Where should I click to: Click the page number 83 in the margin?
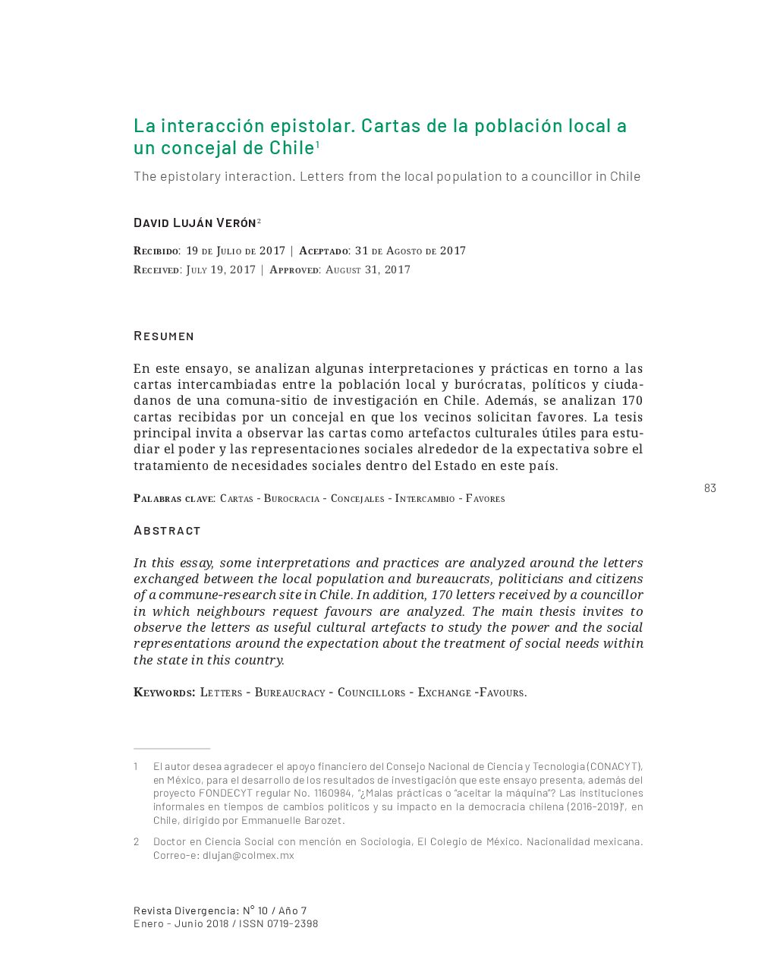point(709,488)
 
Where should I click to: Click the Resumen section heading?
point(164,336)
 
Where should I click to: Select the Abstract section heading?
point(167,530)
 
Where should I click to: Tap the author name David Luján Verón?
point(195,222)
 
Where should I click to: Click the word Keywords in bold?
point(164,693)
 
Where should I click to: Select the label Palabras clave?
point(174,499)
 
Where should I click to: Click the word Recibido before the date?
point(156,251)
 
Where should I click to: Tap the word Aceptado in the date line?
point(323,251)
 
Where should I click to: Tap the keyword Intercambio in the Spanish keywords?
point(425,499)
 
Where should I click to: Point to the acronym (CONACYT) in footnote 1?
point(614,766)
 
